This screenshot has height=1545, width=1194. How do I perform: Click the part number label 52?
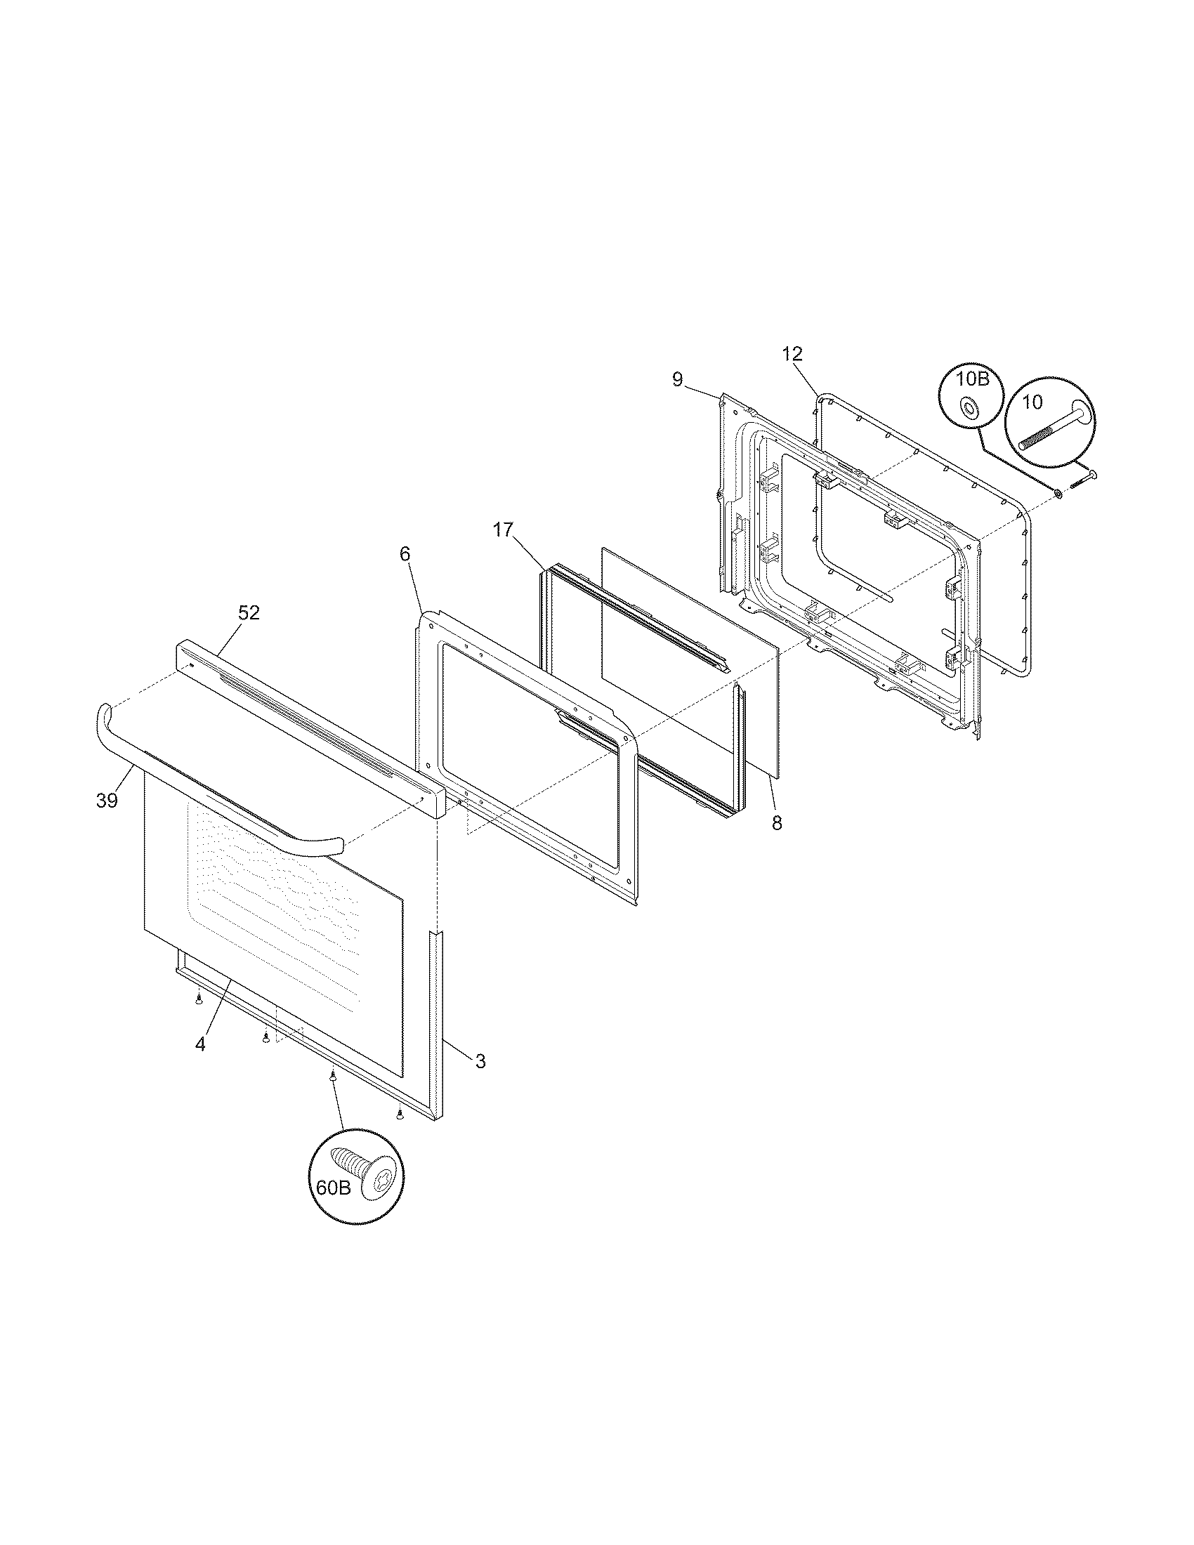pos(248,612)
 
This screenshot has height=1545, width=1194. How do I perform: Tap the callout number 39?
pos(107,800)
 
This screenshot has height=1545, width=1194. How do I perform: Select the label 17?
pos(503,530)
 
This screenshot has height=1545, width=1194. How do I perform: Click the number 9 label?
pos(677,380)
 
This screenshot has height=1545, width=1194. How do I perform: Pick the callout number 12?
pos(792,353)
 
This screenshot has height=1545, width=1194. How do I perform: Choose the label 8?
pos(777,824)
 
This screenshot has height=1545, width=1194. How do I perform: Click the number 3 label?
pos(480,1080)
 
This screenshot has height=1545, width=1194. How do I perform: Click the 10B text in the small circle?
pos(972,379)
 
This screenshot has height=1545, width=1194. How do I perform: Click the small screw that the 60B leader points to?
pos(332,1096)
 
